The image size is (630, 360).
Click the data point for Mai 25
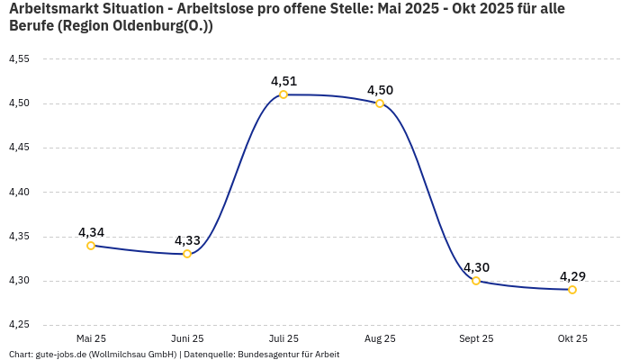(x=91, y=246)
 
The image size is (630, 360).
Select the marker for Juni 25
(x=187, y=254)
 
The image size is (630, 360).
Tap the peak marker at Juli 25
(x=283, y=94)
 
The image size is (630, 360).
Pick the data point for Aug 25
(x=380, y=103)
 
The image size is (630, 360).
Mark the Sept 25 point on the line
(x=476, y=281)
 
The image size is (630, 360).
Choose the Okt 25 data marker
(x=572, y=290)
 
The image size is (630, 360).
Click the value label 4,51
(x=283, y=81)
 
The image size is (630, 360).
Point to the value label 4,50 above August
(x=380, y=90)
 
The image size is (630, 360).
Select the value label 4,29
(x=572, y=276)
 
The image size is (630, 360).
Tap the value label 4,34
(x=91, y=232)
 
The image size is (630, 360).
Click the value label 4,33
(x=187, y=240)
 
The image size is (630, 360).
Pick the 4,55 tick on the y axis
(x=19, y=59)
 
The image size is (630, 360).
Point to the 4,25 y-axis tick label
(x=19, y=325)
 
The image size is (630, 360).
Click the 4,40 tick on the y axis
(x=19, y=192)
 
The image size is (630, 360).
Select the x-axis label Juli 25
(x=283, y=338)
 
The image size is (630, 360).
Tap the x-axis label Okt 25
(x=572, y=338)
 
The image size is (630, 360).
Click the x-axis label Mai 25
(x=91, y=338)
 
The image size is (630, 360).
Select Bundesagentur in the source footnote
(x=267, y=355)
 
